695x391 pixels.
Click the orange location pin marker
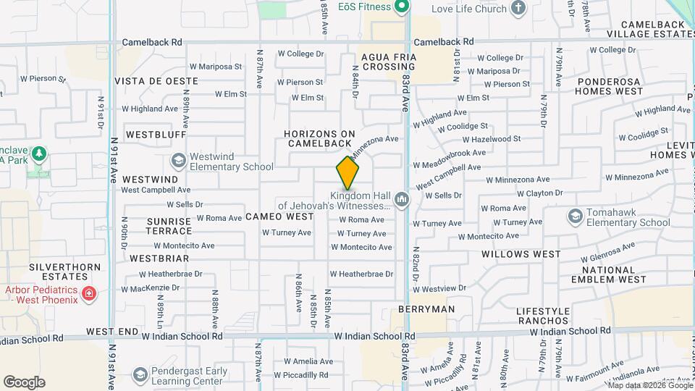[347, 173]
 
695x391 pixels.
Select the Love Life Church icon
[518, 9]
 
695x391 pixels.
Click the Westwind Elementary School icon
[178, 160]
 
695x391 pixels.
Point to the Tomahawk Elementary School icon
[576, 216]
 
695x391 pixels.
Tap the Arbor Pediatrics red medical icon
[88, 294]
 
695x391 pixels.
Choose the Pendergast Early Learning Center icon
[140, 375]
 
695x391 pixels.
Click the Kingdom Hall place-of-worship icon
[402, 200]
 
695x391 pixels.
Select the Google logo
[24, 382]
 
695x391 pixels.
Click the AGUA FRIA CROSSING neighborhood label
[388, 62]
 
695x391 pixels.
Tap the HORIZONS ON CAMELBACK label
[319, 138]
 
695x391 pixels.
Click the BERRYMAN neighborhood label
[426, 309]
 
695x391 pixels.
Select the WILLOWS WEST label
[521, 254]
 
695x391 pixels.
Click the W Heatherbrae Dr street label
[361, 274]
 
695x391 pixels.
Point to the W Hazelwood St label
[492, 138]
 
